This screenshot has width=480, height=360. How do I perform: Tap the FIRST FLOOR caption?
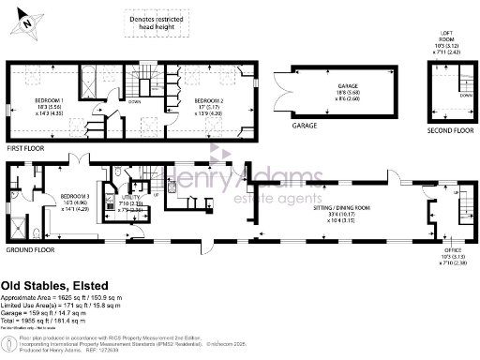click(27, 147)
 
